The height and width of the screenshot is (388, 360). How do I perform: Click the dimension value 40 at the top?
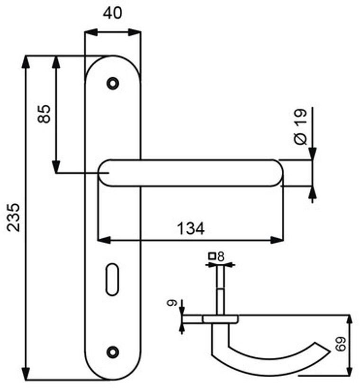pos(112,13)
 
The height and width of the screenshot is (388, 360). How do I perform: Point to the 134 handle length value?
pos(191,229)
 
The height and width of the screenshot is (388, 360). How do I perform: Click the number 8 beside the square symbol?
pos(221,257)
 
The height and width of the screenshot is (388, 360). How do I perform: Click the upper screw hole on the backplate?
pos(112,83)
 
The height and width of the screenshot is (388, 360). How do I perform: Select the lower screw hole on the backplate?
pos(112,352)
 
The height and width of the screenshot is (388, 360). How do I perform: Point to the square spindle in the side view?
pos(221,289)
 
